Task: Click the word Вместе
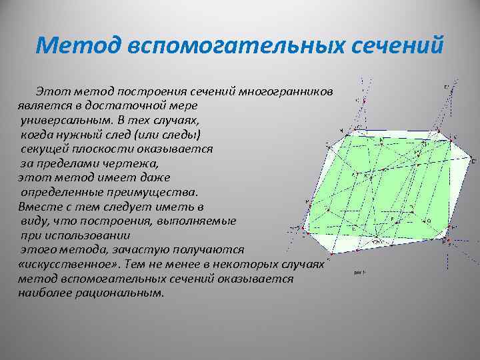37,206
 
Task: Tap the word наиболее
46,293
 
